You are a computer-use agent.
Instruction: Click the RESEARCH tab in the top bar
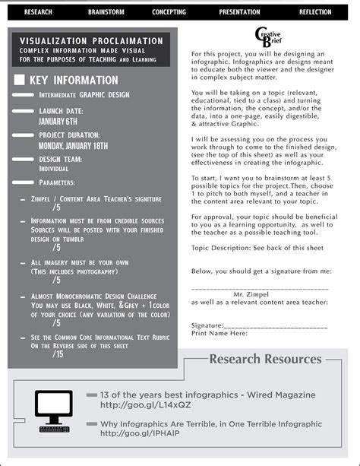point(38,12)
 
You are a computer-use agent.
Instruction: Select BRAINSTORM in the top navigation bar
point(106,12)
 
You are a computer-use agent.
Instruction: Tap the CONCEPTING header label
point(169,12)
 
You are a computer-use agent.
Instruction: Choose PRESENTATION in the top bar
point(239,12)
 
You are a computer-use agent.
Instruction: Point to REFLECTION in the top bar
point(315,12)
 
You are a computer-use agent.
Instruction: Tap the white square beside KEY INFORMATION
point(20,80)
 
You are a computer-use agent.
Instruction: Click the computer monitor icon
point(53,408)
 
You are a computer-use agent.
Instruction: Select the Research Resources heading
point(265,359)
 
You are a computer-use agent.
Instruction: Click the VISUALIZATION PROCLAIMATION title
point(91,41)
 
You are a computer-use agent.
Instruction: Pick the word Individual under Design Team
point(54,169)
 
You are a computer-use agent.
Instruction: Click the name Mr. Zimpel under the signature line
point(250,293)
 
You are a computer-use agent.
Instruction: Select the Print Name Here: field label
point(220,333)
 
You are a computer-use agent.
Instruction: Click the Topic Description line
point(257,248)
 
